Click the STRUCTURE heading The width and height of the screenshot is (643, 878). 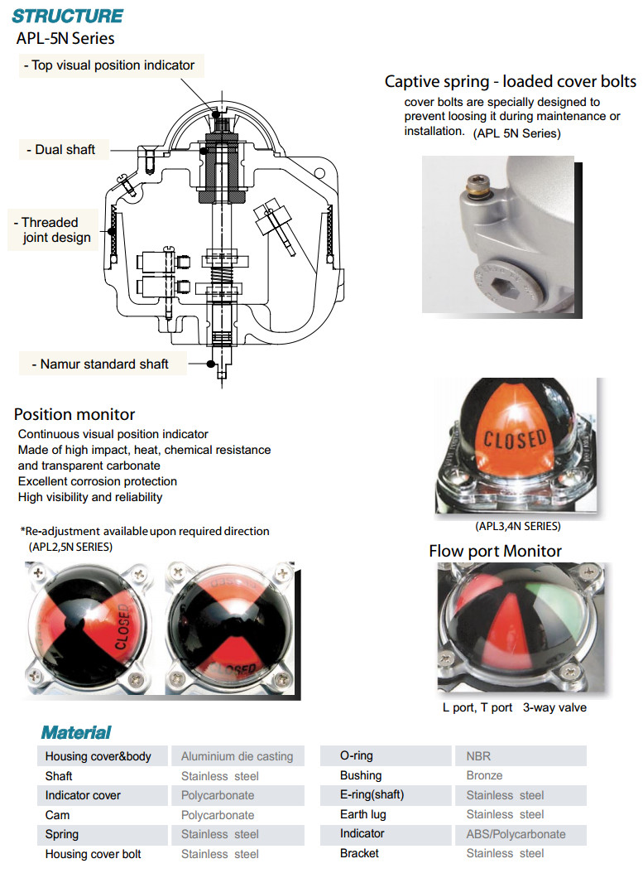click(68, 16)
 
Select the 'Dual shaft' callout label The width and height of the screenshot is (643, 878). click(65, 150)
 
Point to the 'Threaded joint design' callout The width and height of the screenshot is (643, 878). click(50, 230)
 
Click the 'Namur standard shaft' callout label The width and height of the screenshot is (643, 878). click(103, 364)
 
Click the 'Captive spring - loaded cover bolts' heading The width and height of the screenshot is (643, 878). click(511, 81)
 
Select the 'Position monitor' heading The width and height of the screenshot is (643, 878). click(74, 414)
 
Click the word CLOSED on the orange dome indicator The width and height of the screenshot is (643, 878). click(514, 440)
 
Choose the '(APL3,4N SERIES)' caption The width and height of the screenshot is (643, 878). click(518, 526)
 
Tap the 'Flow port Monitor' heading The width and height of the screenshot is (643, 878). click(495, 551)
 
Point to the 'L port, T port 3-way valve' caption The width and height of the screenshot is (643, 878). click(515, 707)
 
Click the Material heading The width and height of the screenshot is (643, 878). click(76, 732)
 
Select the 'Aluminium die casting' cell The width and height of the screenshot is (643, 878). click(237, 756)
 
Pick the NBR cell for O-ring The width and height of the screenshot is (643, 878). click(479, 756)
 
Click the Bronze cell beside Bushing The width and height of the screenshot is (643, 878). click(484, 776)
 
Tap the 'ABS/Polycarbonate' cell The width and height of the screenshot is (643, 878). click(516, 834)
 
